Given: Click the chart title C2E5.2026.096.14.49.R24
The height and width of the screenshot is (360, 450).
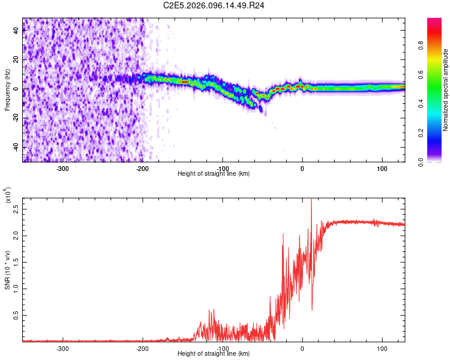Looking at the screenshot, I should (223, 5).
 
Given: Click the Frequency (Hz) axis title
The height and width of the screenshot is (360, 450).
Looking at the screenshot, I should (7, 90).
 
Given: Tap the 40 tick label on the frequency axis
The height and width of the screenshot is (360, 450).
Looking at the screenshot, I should (17, 31).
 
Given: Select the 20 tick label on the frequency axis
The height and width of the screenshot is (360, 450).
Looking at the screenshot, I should (17, 60).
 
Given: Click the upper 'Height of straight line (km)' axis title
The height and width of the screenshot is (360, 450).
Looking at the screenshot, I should (214, 173).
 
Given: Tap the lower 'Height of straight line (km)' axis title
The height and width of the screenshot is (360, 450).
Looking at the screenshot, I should (214, 353).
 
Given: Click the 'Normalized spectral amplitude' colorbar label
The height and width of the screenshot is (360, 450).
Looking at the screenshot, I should (445, 90).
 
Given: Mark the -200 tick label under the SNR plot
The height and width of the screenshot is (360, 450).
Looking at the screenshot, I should (142, 347).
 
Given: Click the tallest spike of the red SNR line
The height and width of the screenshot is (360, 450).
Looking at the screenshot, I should (311, 200).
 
